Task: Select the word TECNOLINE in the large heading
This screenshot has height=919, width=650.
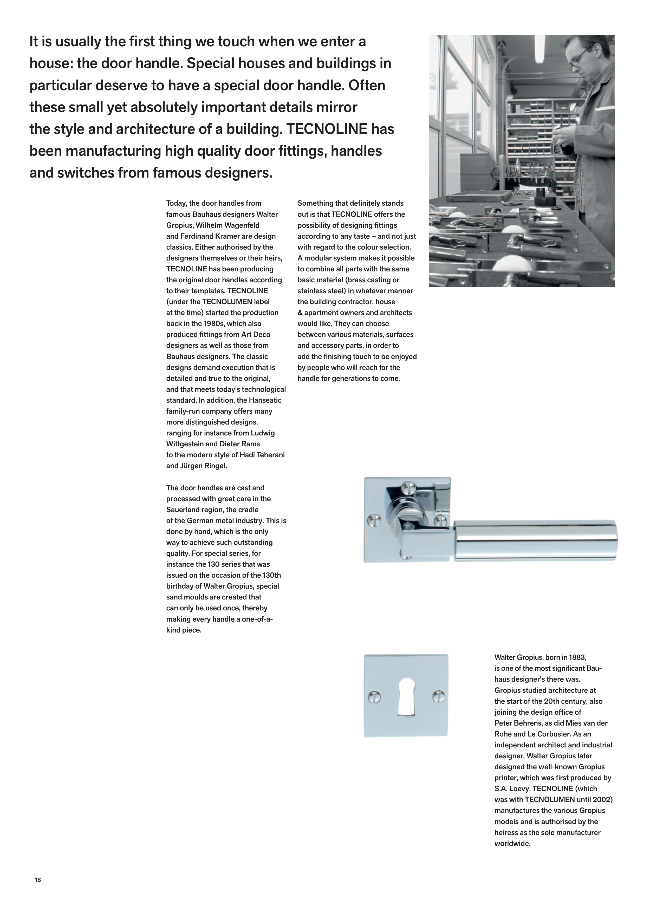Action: [327, 129]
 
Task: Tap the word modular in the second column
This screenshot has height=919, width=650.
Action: [317, 258]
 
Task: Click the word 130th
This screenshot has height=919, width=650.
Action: [271, 575]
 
